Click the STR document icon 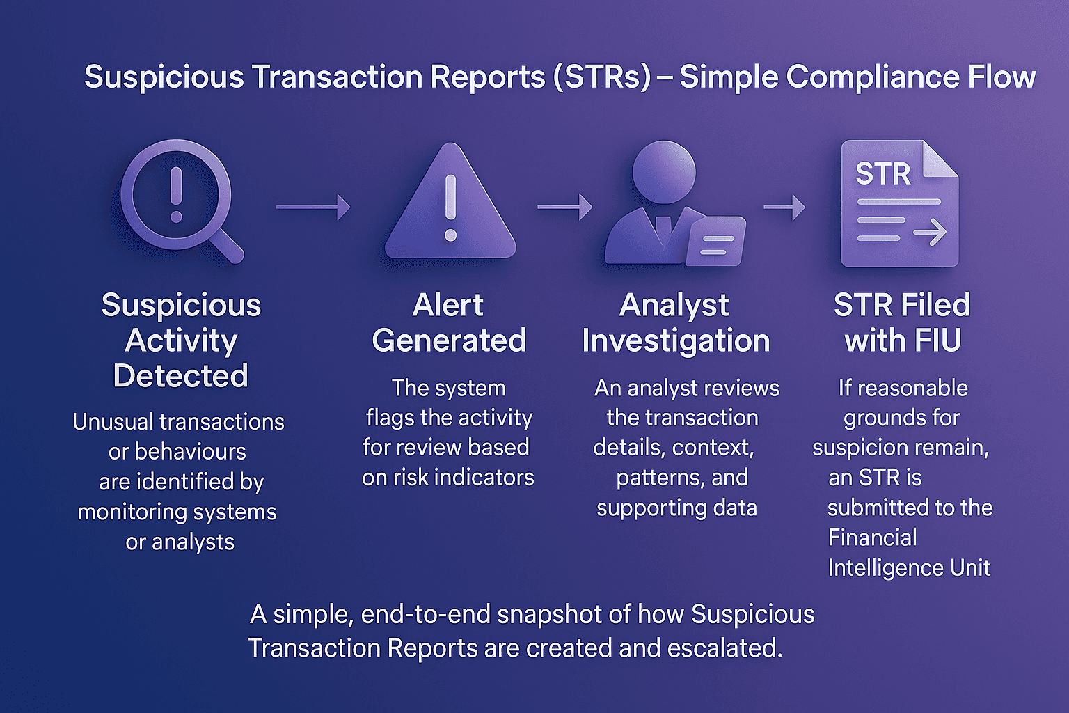coord(899,204)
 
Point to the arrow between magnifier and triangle coord(312,207)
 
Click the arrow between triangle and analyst coord(564,207)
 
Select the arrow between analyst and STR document coord(784,207)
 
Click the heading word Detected coord(181,376)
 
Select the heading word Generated coord(449,340)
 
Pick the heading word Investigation coord(676,340)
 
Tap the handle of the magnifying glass coord(227,246)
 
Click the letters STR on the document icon coord(882,173)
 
